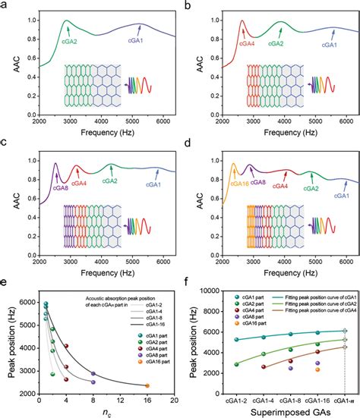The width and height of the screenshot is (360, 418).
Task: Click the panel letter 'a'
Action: pyautogui.click(x=5, y=6)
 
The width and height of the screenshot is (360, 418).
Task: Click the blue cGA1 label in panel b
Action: pyautogui.click(x=329, y=45)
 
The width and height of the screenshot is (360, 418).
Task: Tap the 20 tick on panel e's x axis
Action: pyautogui.click(x=173, y=400)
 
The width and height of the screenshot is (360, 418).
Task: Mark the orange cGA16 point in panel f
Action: pyautogui.click(x=317, y=369)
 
